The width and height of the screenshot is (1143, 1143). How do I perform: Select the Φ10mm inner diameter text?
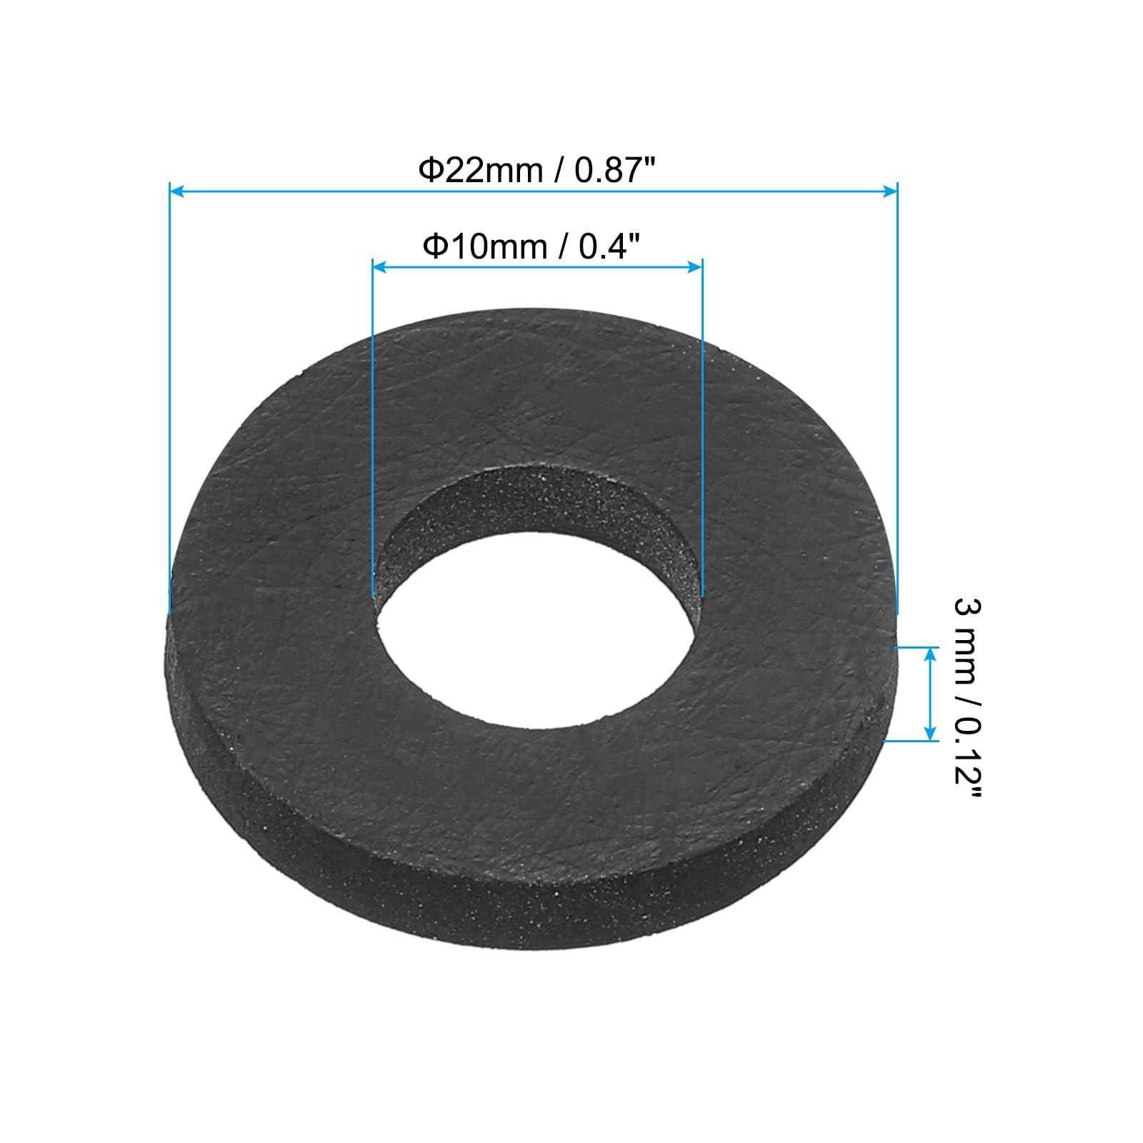click(485, 247)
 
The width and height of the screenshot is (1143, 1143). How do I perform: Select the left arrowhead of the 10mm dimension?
click(380, 266)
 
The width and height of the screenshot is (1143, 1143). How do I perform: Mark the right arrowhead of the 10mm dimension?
click(694, 266)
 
